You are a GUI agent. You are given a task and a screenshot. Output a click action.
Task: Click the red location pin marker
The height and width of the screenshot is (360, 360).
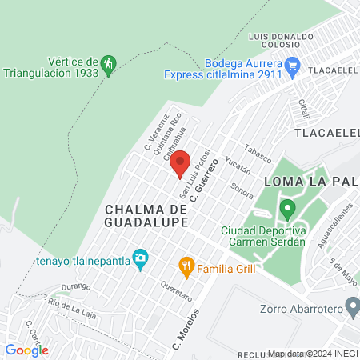180,162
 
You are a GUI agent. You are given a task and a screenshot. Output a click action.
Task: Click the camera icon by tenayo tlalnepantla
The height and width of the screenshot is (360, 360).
141,256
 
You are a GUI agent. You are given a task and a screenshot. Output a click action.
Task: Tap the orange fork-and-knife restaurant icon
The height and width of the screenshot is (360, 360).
186,265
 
